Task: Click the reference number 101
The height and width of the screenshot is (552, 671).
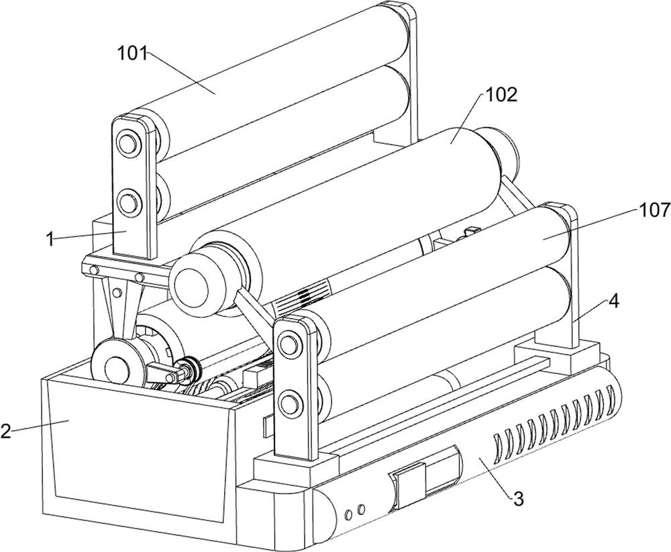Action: tap(132, 54)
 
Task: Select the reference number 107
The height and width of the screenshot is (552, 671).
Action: tap(655, 210)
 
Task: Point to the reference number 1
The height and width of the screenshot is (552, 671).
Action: tap(50, 239)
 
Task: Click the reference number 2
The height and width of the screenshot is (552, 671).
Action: tap(5, 431)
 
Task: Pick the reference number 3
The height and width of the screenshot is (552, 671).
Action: tap(518, 498)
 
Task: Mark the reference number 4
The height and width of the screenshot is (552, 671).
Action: tap(613, 302)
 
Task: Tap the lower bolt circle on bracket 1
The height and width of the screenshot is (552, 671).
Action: tap(127, 200)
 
